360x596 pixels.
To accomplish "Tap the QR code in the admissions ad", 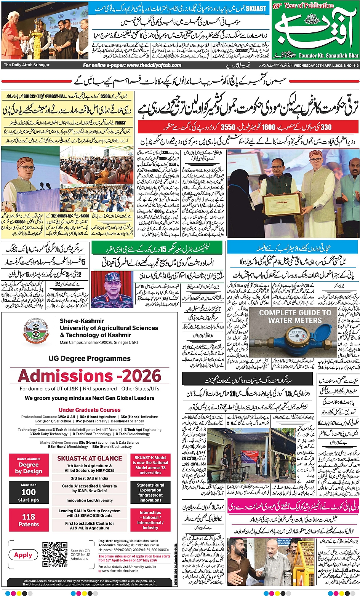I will pos(55,554).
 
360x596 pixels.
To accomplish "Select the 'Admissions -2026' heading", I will pos(90,376).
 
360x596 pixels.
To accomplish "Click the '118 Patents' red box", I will pos(29,520).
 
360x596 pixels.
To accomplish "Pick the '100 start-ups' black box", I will pos(29,492).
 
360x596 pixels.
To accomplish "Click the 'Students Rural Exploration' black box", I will pos(150,492).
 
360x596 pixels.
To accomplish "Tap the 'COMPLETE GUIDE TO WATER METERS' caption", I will pos(295,316).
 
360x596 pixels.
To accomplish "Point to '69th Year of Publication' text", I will pos(303,6).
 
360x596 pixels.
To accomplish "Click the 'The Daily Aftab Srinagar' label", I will pos(27,65).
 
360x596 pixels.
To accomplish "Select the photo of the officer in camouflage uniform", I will pos(112,289).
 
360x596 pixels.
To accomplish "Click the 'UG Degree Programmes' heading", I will pos(90,358).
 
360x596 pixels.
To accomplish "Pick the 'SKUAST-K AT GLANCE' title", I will pos(90,459).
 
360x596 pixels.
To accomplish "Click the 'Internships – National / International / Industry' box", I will pos(150,520).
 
